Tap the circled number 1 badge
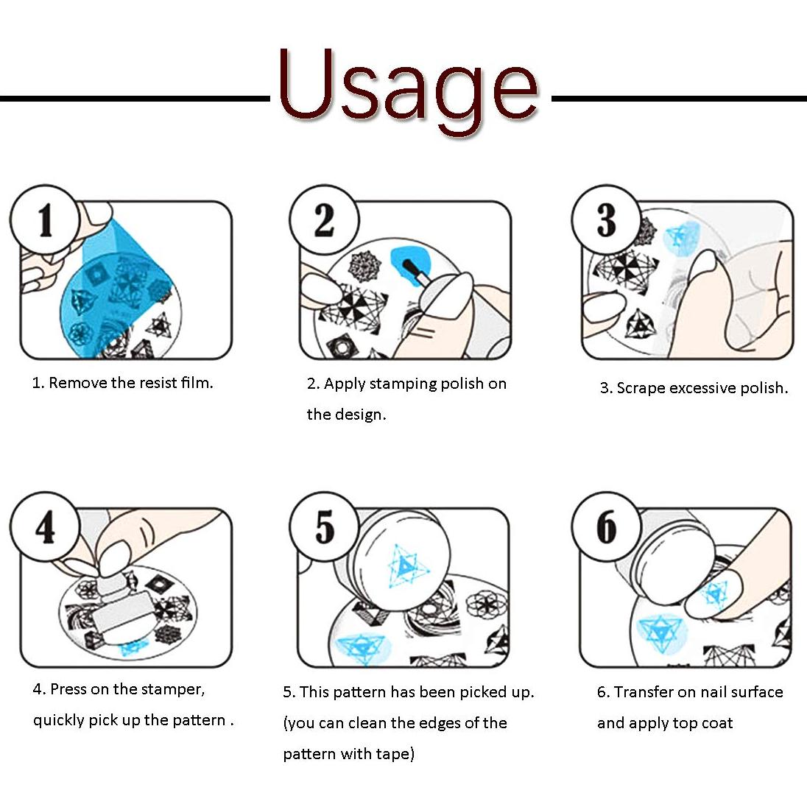click(x=46, y=219)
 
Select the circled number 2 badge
click(x=324, y=219)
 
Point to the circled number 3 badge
click(x=607, y=219)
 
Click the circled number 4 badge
click(x=46, y=527)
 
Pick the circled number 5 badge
click(x=324, y=527)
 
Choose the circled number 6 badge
click(x=607, y=527)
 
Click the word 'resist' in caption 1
click(x=158, y=382)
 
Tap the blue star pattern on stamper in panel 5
click(x=406, y=567)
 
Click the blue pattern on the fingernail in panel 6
click(x=716, y=593)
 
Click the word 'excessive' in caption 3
click(x=703, y=387)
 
